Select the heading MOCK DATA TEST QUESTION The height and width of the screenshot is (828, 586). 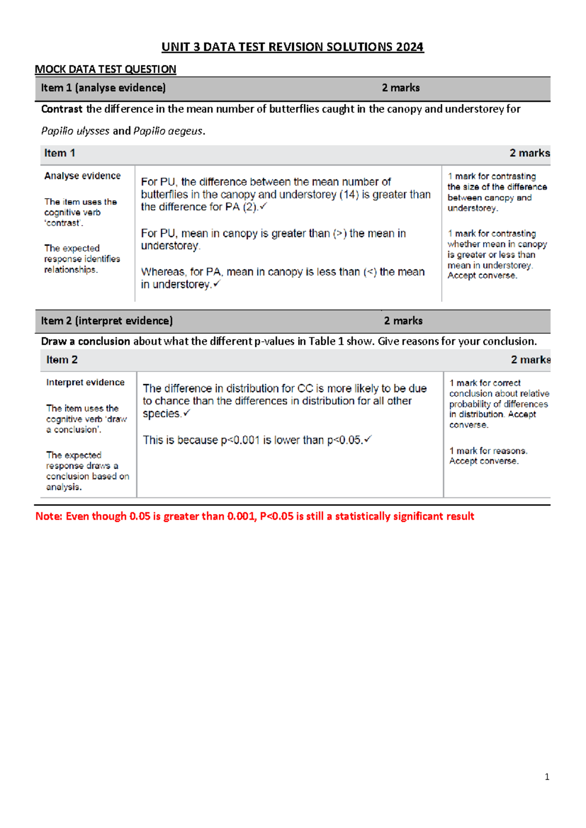[105, 69]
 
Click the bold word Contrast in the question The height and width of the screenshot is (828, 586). [62, 109]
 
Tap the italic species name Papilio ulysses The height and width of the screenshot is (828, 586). [75, 131]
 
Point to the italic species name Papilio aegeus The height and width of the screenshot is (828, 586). [167, 131]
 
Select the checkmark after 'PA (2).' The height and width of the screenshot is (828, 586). [263, 207]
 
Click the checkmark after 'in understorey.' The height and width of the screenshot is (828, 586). [217, 284]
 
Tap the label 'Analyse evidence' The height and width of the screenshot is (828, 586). [82, 176]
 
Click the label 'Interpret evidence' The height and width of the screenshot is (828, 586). [85, 382]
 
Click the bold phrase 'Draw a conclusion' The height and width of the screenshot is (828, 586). [85, 341]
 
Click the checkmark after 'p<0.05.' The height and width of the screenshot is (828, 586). [368, 439]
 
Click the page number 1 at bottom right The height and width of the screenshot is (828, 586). [547, 777]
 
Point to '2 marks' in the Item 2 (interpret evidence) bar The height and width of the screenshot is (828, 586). [403, 321]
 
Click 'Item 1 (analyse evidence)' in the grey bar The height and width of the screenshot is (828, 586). [103, 88]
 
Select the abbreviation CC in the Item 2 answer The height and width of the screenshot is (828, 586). [305, 389]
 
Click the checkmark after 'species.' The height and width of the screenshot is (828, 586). [187, 413]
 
